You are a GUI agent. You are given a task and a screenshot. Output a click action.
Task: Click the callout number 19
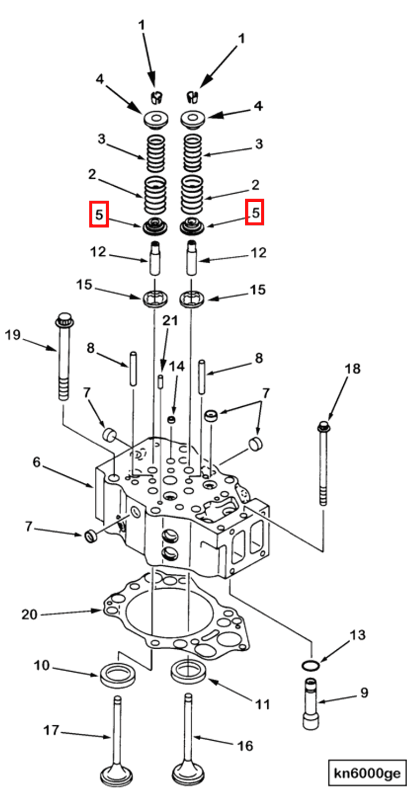click(13, 335)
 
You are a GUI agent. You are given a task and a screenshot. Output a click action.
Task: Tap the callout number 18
click(353, 369)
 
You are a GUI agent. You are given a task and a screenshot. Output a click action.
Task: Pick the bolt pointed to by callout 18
click(323, 460)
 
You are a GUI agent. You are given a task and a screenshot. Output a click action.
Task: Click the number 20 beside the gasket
click(29, 614)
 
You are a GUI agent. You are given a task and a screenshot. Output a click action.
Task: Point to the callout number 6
click(36, 462)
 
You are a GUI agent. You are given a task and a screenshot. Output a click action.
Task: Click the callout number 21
click(170, 322)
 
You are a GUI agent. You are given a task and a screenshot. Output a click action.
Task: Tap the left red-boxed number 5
click(99, 214)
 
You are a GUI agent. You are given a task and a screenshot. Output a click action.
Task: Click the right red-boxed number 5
click(255, 213)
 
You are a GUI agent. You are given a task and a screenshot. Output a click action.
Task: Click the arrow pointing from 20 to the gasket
click(70, 612)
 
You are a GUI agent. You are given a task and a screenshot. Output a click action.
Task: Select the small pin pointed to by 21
click(160, 381)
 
